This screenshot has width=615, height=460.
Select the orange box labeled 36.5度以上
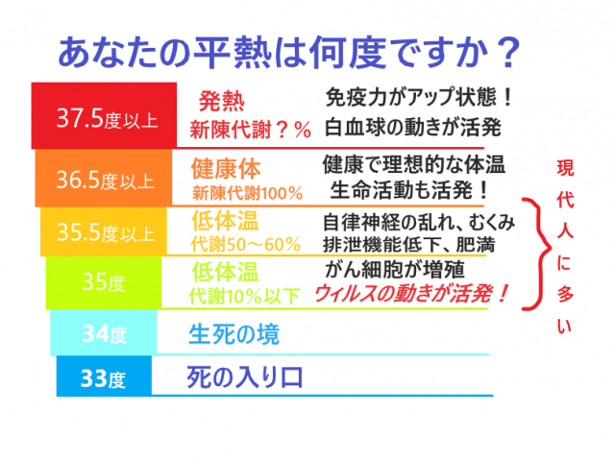click(105, 179)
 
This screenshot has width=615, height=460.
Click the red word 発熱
click(222, 101)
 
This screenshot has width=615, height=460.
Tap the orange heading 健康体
click(226, 169)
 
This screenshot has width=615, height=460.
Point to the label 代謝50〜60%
click(245, 244)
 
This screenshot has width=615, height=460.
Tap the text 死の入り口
click(245, 376)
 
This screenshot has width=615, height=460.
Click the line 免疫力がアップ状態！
click(417, 98)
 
